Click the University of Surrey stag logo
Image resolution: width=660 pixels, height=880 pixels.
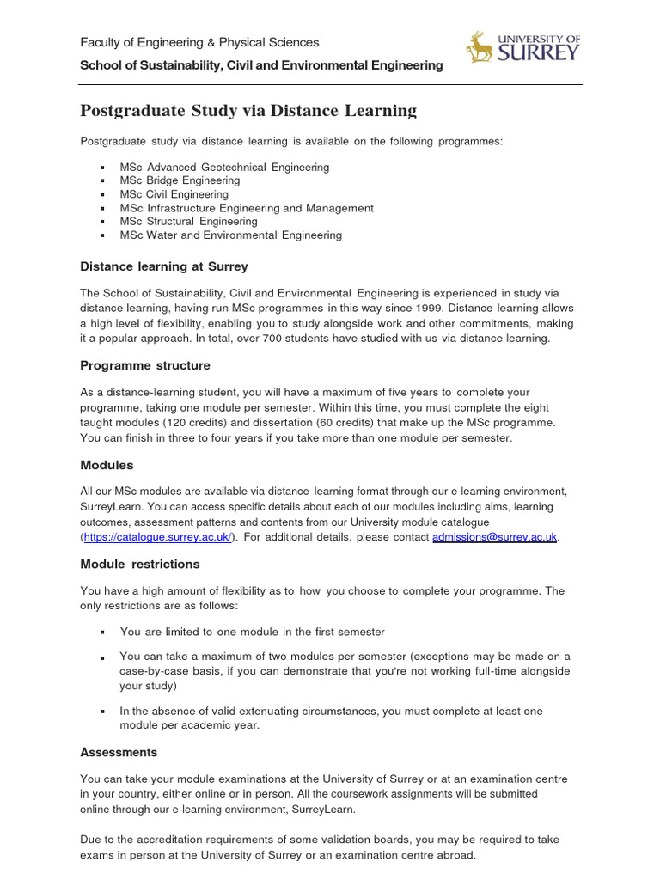click(x=479, y=47)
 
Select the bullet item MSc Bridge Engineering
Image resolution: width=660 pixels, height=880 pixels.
click(x=180, y=180)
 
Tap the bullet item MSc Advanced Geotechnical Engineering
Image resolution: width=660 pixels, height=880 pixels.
click(x=224, y=168)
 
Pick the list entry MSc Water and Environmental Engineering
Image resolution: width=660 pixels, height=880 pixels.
click(x=230, y=235)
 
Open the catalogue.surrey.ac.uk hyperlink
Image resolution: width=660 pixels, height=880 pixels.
click(x=157, y=536)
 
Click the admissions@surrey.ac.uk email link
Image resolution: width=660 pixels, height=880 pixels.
click(x=495, y=536)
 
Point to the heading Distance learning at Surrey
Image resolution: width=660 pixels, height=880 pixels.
click(x=164, y=266)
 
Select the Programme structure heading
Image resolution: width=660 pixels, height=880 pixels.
click(x=144, y=365)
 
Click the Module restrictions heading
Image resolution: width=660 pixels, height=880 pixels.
click(x=140, y=564)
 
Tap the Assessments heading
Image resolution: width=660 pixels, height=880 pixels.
click(x=119, y=752)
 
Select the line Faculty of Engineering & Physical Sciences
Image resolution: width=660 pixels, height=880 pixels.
click(x=199, y=42)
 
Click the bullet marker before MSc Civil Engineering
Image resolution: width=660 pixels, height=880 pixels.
click(x=101, y=195)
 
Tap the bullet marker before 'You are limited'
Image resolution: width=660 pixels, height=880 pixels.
click(x=101, y=632)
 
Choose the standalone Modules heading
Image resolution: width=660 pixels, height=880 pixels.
click(x=107, y=465)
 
